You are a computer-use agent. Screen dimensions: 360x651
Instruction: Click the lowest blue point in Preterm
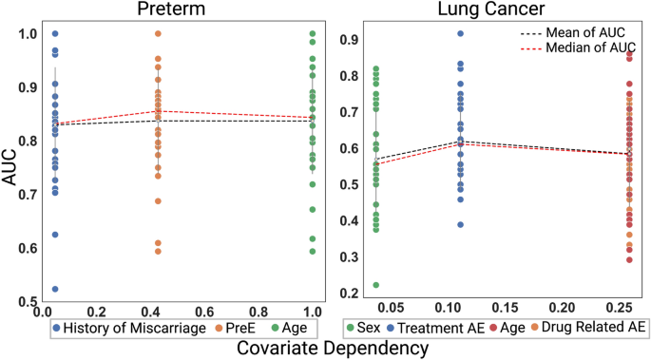pyautogui.click(x=55, y=289)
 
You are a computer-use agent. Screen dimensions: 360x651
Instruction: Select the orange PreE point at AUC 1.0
pyautogui.click(x=158, y=34)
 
